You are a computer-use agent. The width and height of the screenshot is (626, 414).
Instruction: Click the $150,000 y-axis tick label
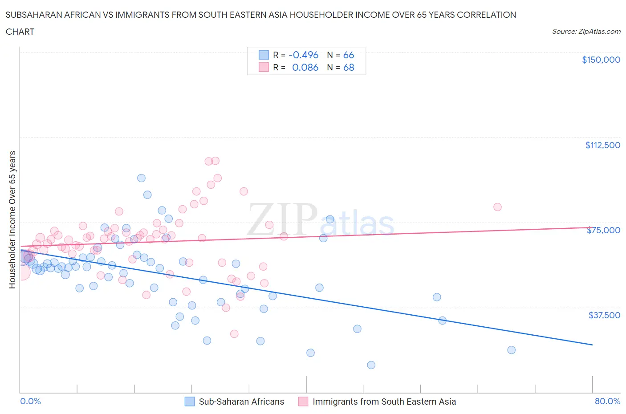pyautogui.click(x=601, y=60)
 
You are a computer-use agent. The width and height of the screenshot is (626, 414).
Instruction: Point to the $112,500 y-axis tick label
pyautogui.click(x=602, y=145)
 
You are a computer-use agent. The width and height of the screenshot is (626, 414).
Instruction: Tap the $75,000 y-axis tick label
pyautogui.click(x=603, y=230)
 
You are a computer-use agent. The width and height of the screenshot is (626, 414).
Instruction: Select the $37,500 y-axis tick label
pyautogui.click(x=604, y=315)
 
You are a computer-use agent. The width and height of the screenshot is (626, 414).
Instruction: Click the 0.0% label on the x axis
pyautogui.click(x=30, y=401)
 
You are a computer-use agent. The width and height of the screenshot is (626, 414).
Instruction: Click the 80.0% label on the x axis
pyautogui.click(x=607, y=401)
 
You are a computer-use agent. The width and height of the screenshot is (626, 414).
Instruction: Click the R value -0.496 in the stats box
pyautogui.click(x=303, y=55)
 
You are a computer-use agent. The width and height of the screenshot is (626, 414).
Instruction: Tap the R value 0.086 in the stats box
pyautogui.click(x=305, y=67)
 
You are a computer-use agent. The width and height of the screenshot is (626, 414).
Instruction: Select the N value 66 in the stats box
pyautogui.click(x=349, y=55)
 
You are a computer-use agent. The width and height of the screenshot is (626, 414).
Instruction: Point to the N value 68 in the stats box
pyautogui.click(x=349, y=67)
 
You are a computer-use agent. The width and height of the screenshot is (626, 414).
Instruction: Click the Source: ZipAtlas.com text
pyautogui.click(x=586, y=31)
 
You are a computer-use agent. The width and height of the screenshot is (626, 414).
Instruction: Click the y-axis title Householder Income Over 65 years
pyautogui.click(x=12, y=219)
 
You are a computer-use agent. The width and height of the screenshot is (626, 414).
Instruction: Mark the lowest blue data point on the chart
pyautogui.click(x=371, y=365)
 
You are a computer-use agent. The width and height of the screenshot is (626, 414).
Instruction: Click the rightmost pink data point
pyautogui.click(x=497, y=207)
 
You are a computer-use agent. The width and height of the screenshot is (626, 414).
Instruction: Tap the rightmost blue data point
pyautogui.click(x=511, y=350)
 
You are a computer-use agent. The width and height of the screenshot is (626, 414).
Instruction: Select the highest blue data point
pyautogui.click(x=141, y=178)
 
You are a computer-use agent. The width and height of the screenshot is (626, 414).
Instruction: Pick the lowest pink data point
pyautogui.click(x=234, y=334)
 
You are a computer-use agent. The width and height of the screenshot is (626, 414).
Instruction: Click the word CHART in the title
pyautogui.click(x=20, y=32)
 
